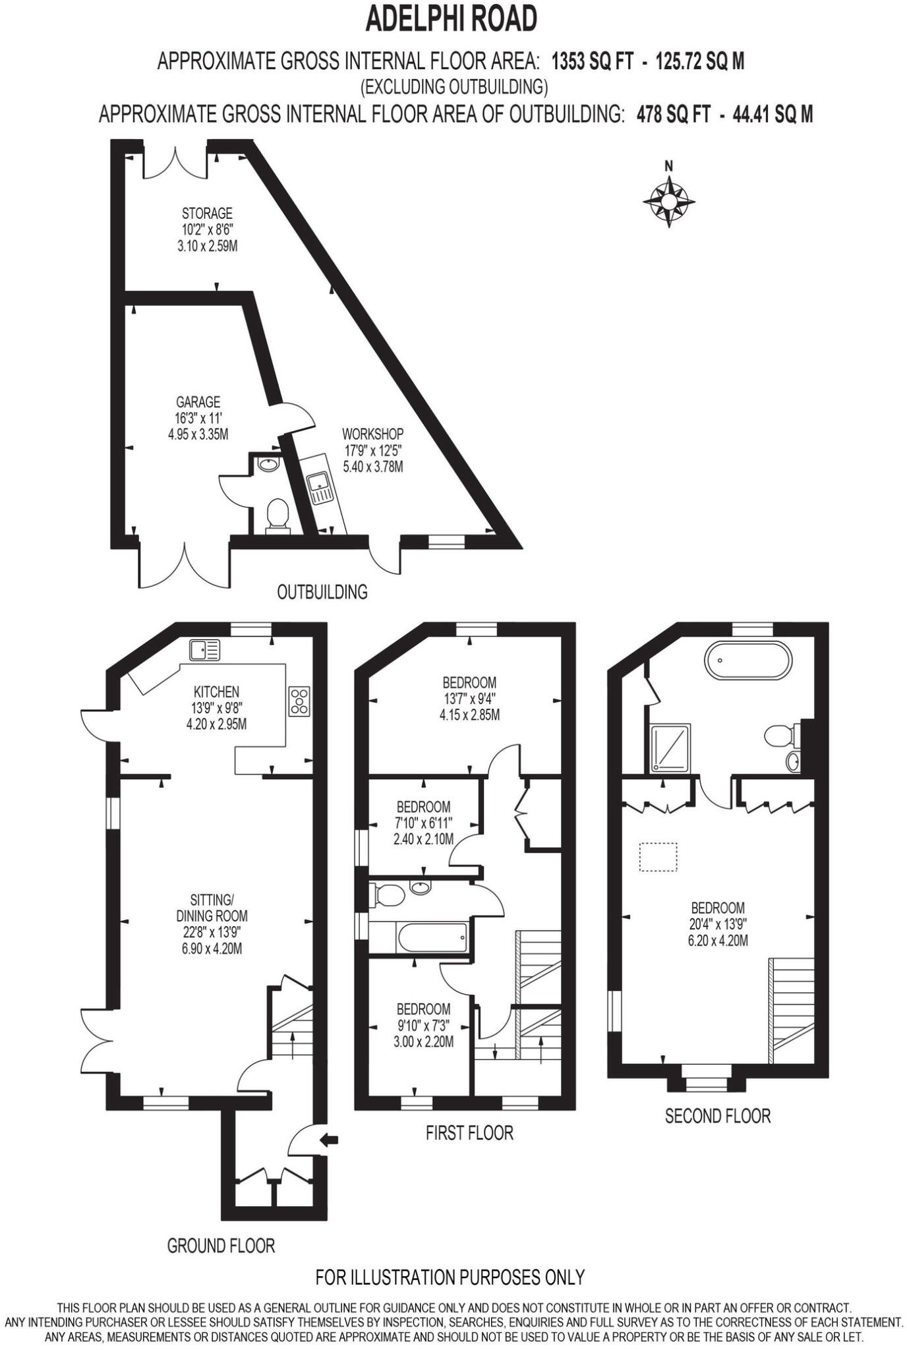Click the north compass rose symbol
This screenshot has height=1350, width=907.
(668, 199)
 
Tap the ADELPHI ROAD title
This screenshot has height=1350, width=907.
(452, 19)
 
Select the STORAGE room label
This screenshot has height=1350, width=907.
(207, 214)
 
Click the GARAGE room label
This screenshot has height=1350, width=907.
(198, 402)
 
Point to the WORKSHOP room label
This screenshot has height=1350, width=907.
(372, 434)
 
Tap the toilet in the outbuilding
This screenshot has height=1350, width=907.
(278, 515)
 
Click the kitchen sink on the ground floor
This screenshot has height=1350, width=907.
(204, 650)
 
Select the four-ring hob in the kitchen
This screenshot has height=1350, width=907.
(299, 701)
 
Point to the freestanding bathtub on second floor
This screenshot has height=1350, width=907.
(747, 660)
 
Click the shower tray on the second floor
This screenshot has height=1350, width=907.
(670, 748)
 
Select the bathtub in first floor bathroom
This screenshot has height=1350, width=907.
(432, 937)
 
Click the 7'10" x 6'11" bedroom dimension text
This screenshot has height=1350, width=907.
(423, 823)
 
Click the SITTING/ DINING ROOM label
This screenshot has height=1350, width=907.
(212, 908)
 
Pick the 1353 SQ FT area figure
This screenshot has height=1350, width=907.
(592, 61)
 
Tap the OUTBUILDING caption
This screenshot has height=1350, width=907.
(322, 592)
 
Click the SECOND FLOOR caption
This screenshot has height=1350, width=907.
(717, 1116)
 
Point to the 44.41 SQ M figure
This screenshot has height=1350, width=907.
(773, 115)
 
